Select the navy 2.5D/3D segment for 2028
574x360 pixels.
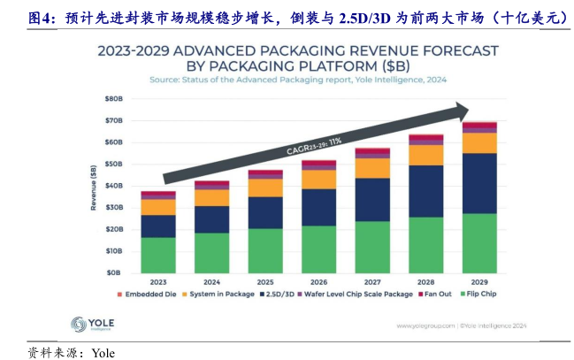[x=426, y=191]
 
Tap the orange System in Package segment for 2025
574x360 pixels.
[x=265, y=188]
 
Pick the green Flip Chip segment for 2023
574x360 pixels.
[x=158, y=255]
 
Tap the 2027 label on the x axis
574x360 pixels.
[x=372, y=281]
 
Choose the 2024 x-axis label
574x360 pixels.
[x=212, y=281]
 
